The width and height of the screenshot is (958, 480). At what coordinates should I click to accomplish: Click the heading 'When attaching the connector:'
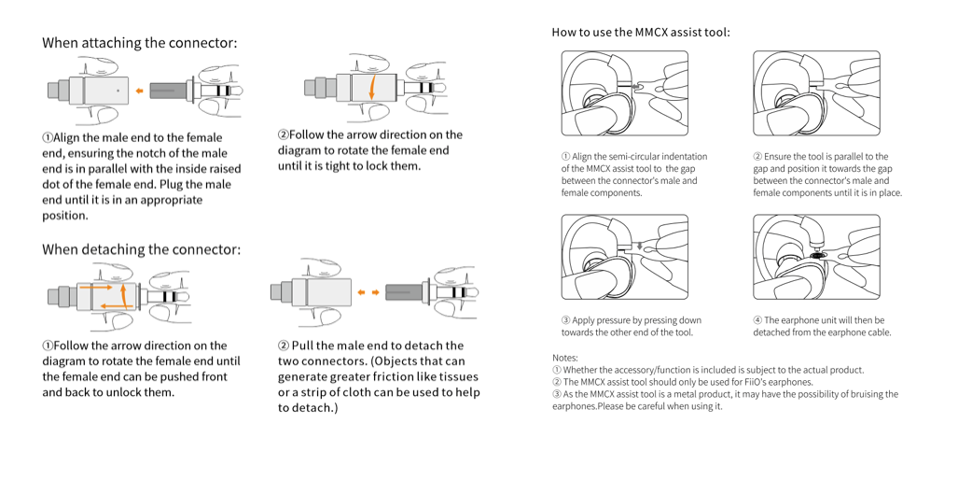click(139, 43)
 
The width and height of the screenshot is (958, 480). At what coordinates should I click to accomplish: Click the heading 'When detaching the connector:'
click(141, 249)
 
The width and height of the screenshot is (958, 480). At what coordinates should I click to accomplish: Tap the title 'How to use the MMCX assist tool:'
click(640, 33)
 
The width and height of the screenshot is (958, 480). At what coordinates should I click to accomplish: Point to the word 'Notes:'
click(565, 358)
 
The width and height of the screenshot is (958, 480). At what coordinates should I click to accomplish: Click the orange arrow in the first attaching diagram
click(138, 92)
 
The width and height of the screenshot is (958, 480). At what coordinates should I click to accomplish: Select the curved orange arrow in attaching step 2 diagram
click(371, 89)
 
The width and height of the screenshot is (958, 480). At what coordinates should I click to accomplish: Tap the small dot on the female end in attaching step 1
click(118, 92)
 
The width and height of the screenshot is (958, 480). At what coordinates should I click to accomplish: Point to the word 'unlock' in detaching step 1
click(126, 392)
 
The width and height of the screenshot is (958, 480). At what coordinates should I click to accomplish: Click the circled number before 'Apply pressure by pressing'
click(565, 320)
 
